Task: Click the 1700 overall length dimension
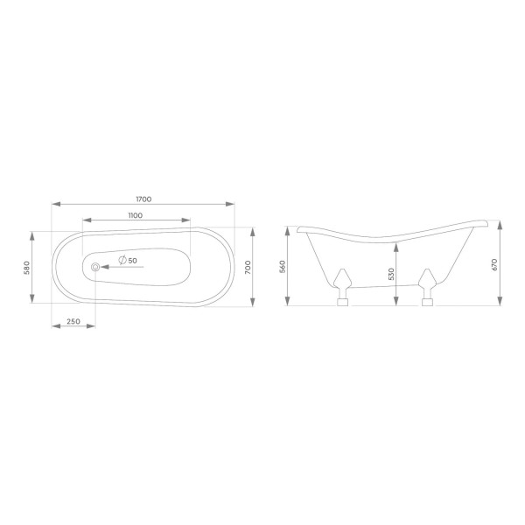(143, 199)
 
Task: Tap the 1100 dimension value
(136, 215)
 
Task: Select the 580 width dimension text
(27, 268)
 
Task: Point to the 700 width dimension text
(248, 268)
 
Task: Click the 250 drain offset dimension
(73, 321)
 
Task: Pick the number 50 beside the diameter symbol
(133, 261)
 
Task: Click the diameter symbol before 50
(122, 260)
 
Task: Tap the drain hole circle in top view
(95, 267)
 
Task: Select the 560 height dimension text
(283, 267)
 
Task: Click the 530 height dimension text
(391, 274)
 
